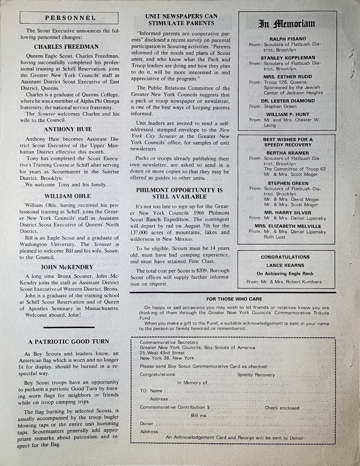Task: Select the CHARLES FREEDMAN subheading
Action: click(66, 47)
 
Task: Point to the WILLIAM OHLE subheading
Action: click(68, 196)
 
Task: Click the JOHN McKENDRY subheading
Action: click(67, 267)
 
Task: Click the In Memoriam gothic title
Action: click(288, 24)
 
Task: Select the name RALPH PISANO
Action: click(288, 39)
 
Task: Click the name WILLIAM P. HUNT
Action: click(288, 114)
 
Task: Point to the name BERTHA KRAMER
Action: click(288, 153)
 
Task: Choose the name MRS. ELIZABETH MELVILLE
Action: click(288, 226)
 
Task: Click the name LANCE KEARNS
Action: click(285, 265)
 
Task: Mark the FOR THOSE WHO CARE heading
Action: click(234, 299)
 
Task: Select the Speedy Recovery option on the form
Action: click(256, 375)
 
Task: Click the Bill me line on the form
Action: click(198, 416)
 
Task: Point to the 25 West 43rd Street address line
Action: click(162, 353)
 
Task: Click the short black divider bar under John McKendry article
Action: click(69, 327)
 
